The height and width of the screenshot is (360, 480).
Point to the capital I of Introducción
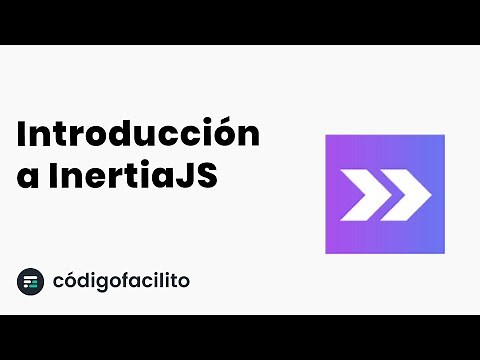(x=22, y=133)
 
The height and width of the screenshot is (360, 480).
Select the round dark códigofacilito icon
(x=31, y=282)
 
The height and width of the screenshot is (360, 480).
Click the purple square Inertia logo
(x=385, y=194)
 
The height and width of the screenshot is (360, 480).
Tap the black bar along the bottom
(x=240, y=337)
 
